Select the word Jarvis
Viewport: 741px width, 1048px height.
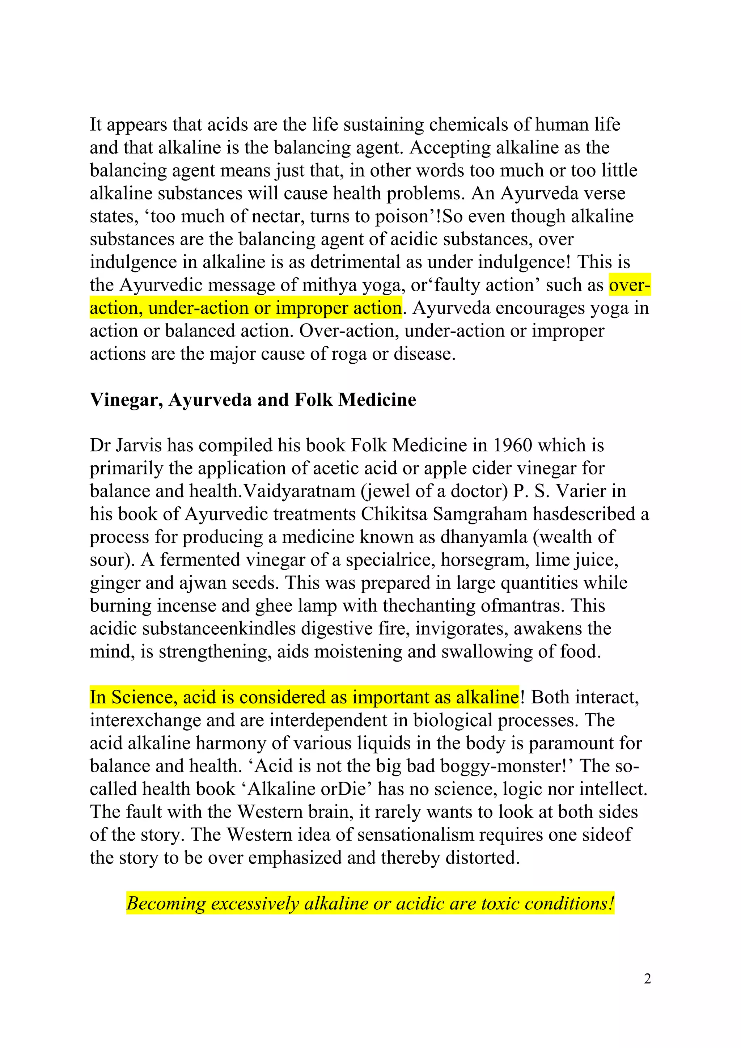tap(138, 445)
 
